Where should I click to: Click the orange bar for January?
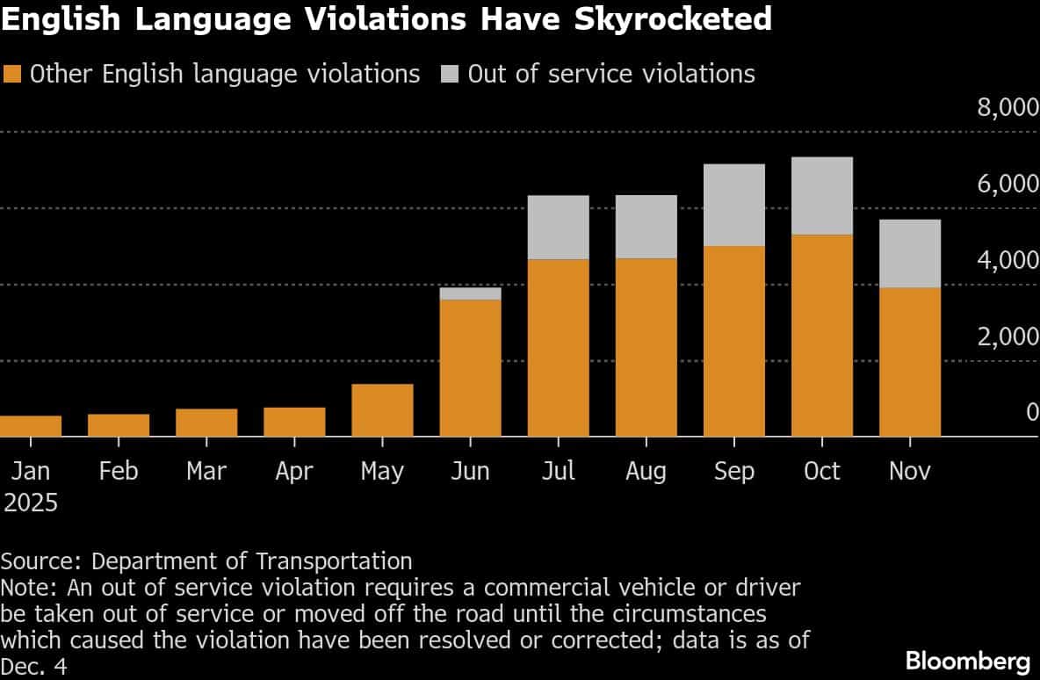[31, 426]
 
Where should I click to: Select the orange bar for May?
[382, 410]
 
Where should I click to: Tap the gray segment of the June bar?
[470, 293]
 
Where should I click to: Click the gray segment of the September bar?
[734, 205]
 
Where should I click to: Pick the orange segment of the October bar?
[822, 336]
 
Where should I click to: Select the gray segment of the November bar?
[910, 253]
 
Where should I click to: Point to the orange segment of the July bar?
[558, 348]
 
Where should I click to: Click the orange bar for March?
[206, 423]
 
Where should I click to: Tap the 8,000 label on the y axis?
[1007, 109]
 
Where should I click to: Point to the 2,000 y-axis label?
[1007, 337]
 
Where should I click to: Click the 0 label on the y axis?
[1032, 414]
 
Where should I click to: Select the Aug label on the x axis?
[646, 472]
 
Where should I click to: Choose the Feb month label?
[119, 472]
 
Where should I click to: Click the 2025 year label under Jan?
[31, 503]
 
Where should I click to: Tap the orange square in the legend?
[12, 74]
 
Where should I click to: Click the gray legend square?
[451, 74]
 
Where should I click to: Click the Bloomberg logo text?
[967, 660]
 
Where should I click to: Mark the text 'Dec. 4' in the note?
[33, 667]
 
